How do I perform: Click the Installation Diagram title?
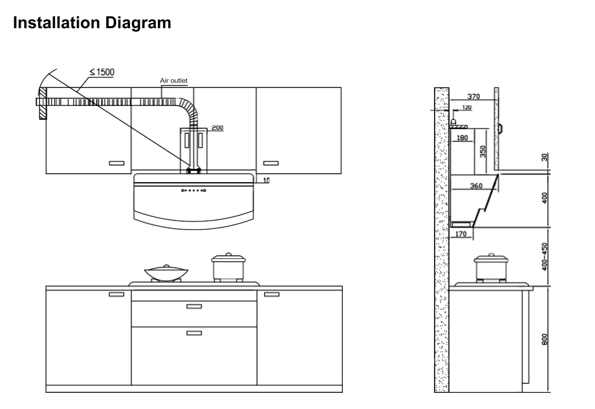pos(92,23)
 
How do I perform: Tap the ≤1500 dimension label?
pos(102,72)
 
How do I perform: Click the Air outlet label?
pos(174,81)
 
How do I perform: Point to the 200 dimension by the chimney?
pos(217,128)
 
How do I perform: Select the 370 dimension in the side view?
pos(474,97)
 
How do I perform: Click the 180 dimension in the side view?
pos(462,138)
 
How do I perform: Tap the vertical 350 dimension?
pos(483,151)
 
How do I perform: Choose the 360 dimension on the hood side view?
pos(476,186)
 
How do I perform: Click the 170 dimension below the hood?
pos(460,234)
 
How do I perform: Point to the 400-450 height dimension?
pos(544,256)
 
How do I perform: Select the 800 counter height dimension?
pos(544,339)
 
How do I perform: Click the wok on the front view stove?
pos(160,272)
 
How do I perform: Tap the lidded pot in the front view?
pos(227,267)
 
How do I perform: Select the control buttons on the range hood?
pos(194,190)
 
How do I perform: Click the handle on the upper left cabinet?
pos(117,163)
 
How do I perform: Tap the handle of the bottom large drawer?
pos(194,333)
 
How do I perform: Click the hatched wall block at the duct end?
pos(41,103)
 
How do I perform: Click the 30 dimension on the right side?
pos(544,158)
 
